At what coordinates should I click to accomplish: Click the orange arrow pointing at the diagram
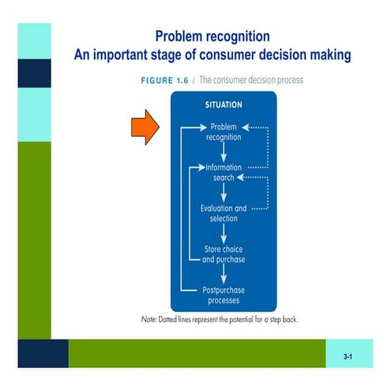click(x=143, y=127)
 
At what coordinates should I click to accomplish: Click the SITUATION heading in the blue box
click(x=224, y=103)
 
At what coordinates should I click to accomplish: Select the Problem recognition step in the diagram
click(x=224, y=131)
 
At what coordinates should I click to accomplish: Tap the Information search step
click(x=224, y=172)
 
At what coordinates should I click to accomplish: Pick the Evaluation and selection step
click(x=224, y=213)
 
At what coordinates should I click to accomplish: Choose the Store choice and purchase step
click(x=224, y=254)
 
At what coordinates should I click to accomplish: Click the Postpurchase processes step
click(x=224, y=295)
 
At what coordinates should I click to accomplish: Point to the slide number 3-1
click(x=348, y=358)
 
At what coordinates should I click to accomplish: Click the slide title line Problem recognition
click(x=212, y=36)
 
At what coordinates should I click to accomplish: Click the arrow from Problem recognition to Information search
click(x=224, y=152)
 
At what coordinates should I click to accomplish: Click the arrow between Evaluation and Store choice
click(x=224, y=234)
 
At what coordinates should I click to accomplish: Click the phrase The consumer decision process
click(x=250, y=81)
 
